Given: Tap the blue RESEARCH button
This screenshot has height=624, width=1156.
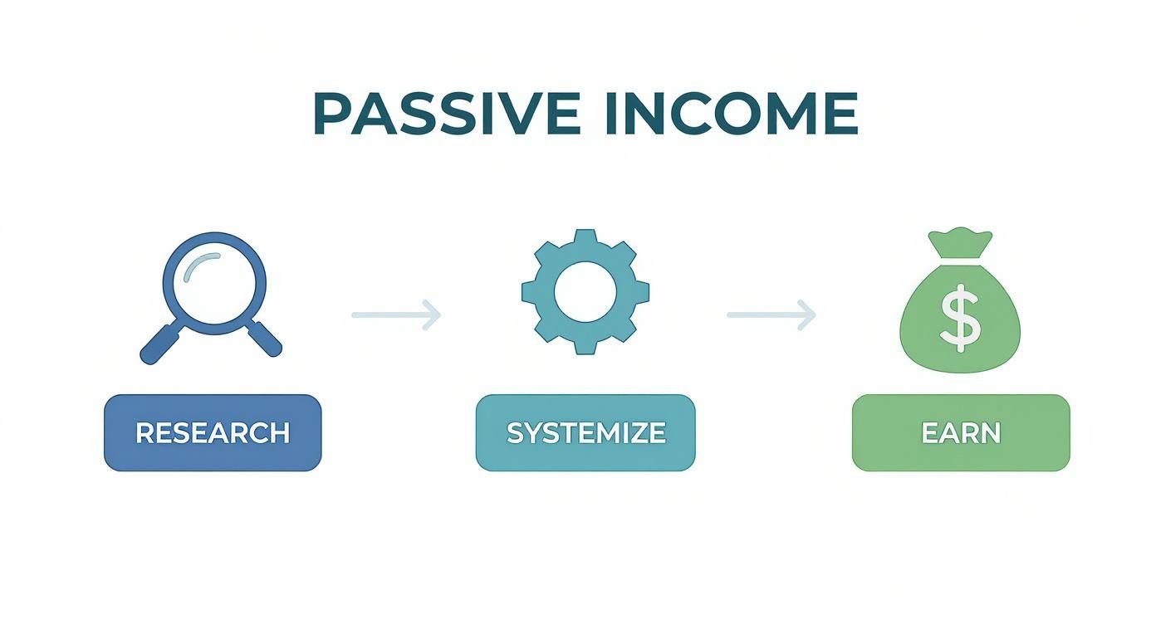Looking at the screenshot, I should pyautogui.click(x=213, y=432).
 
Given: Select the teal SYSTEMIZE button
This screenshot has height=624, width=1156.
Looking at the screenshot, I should pyautogui.click(x=585, y=432).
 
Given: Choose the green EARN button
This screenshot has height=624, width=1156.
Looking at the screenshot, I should pyautogui.click(x=961, y=432).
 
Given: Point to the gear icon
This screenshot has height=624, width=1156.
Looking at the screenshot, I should pyautogui.click(x=585, y=292).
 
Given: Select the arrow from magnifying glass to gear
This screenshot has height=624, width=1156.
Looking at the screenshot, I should pyautogui.click(x=395, y=314).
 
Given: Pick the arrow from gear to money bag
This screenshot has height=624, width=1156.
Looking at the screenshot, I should pyautogui.click(x=771, y=314).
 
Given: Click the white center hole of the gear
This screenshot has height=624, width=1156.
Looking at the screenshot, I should pyautogui.click(x=585, y=292).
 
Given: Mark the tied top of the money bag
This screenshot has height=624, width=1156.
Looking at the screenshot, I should pyautogui.click(x=961, y=243).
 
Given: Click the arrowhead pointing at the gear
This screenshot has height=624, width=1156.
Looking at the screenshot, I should pyautogui.click(x=432, y=314).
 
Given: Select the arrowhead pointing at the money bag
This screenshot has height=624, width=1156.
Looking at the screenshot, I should pyautogui.click(x=807, y=314).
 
